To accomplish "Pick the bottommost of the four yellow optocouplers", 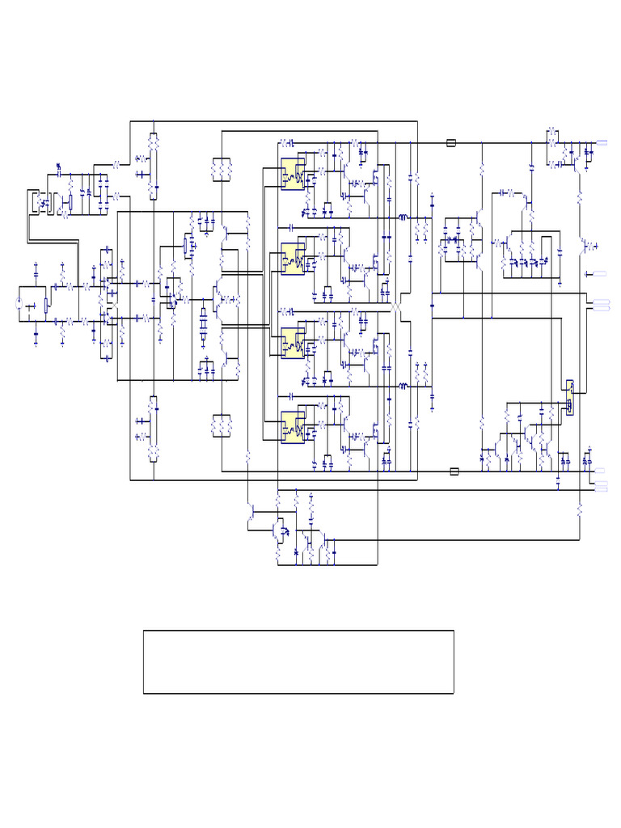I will tap(293, 429).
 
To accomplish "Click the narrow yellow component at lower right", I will tap(569, 397).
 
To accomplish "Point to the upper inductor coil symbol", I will tap(402, 218).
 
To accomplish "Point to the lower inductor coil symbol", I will tap(402, 387).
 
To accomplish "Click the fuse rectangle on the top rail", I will tap(452, 143).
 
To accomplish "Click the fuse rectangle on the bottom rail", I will tap(454, 471).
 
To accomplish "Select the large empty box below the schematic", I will tap(298, 661).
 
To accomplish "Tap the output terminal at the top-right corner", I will tap(602, 143).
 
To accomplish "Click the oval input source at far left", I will tap(19, 304).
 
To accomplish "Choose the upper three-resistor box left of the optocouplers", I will tap(222, 170).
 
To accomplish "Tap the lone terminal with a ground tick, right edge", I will tap(600, 274).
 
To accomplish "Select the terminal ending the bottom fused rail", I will tap(600, 471).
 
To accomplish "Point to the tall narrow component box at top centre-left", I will tap(154, 166).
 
